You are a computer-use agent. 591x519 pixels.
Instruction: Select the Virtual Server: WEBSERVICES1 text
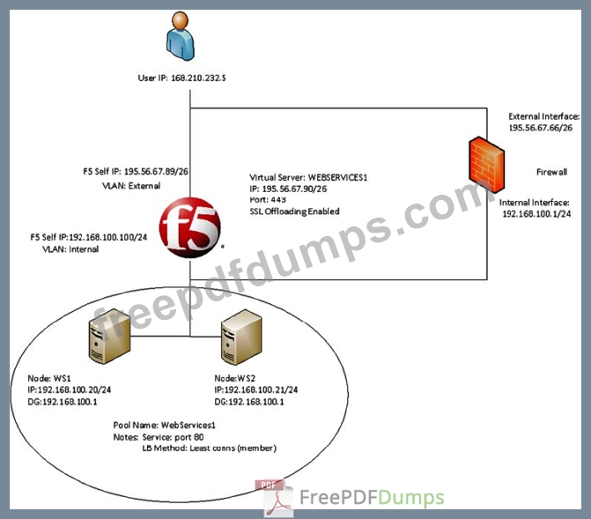(308, 177)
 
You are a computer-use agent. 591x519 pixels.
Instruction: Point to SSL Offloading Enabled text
(295, 211)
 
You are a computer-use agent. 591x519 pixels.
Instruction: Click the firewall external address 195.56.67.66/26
(540, 128)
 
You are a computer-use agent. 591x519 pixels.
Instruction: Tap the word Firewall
(552, 171)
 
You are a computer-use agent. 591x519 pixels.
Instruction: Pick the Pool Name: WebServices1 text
(163, 425)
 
